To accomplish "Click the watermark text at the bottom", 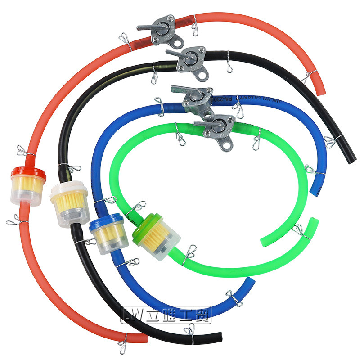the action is [166, 314].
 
